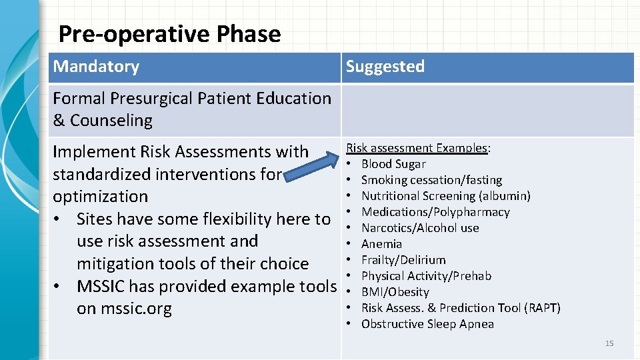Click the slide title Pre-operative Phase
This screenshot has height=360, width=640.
coord(169,34)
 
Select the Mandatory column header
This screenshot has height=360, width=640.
coord(96,67)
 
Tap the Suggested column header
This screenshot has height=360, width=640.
coord(385,67)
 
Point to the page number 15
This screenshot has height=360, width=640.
coord(609,343)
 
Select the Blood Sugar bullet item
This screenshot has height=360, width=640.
coord(393,164)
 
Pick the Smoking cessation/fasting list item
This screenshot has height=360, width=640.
coord(431,180)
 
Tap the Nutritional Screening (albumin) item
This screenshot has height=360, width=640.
coord(445,196)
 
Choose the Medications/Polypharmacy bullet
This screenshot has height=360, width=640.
coord(435,212)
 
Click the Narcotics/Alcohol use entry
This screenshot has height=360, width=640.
coord(420,228)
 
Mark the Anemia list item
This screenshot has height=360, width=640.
coord(381,244)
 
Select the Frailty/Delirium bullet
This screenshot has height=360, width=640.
coord(403,260)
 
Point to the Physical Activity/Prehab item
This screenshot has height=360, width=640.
coord(426,276)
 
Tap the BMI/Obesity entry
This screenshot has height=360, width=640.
coord(395,292)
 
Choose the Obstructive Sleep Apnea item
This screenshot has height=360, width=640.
coord(427,324)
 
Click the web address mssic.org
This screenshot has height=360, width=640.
coord(136,309)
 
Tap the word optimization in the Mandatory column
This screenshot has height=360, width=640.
coord(101,197)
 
